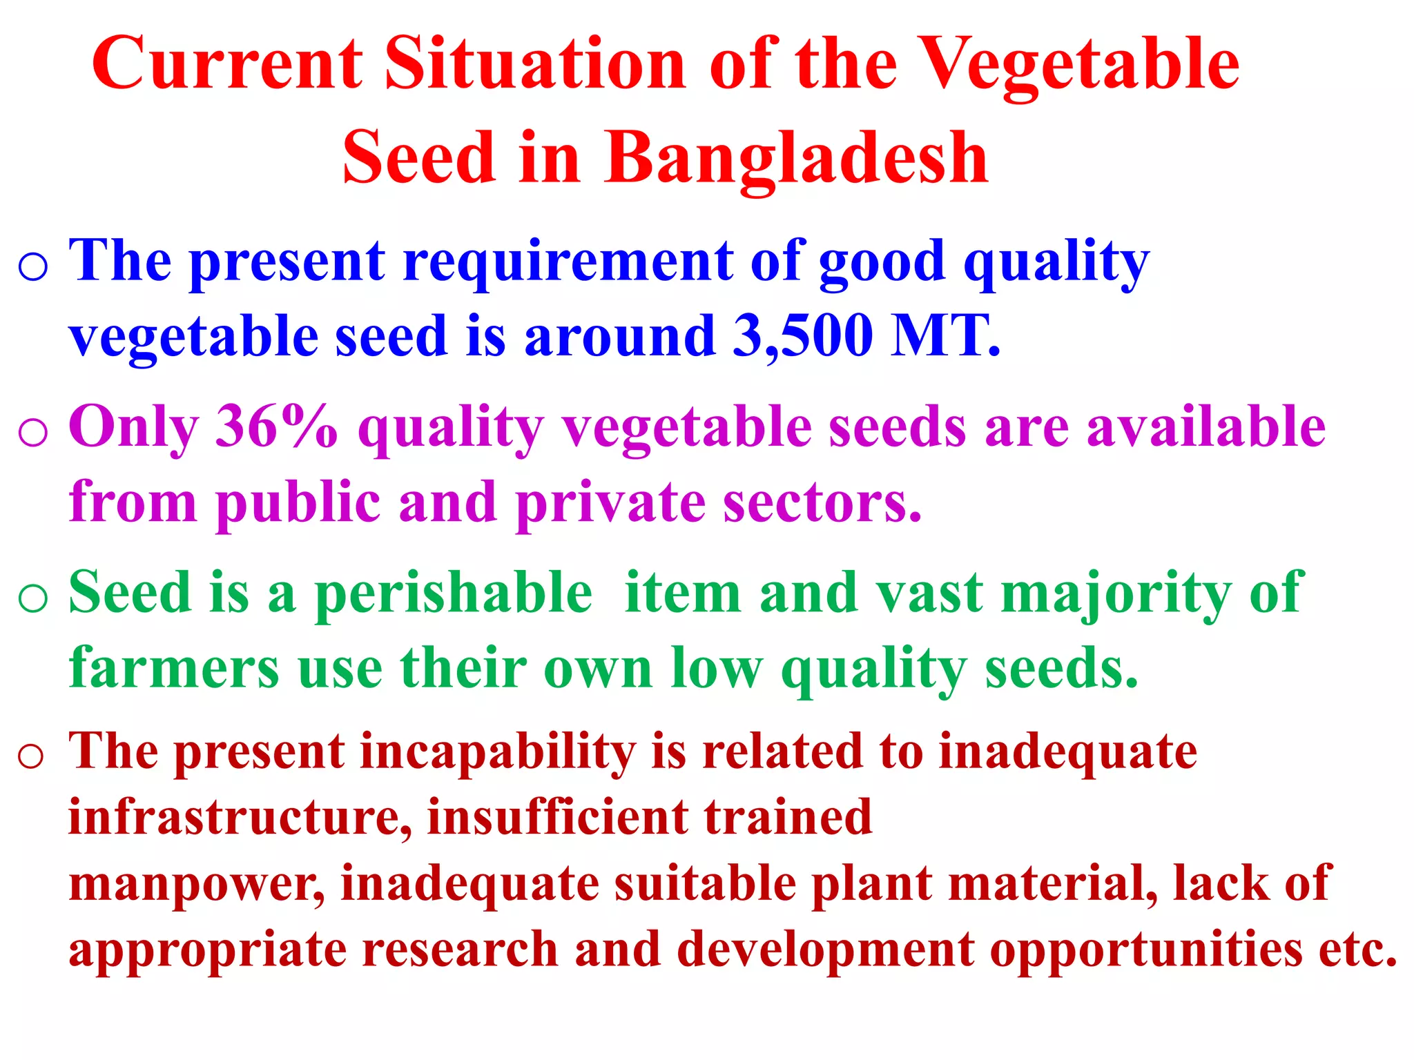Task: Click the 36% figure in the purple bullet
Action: pyautogui.click(x=276, y=426)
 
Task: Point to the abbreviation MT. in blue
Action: pyautogui.click(x=945, y=336)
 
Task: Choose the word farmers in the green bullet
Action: pyautogui.click(x=174, y=668)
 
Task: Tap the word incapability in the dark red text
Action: pyautogui.click(x=498, y=752)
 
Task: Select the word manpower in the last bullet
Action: pyautogui.click(x=196, y=884)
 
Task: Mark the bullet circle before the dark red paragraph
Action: pyautogui.click(x=31, y=756)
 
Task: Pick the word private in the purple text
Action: pyautogui.click(x=610, y=502)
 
